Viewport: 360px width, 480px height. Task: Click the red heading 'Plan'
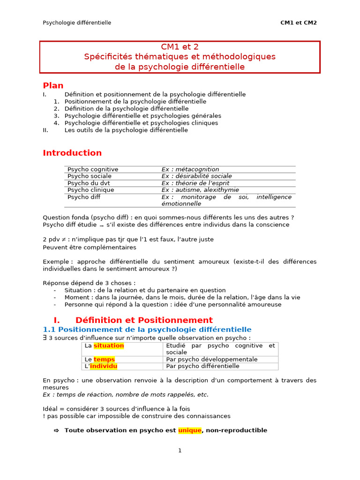coord(53,85)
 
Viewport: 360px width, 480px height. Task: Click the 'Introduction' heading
coord(72,153)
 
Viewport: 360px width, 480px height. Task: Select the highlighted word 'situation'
coord(109,345)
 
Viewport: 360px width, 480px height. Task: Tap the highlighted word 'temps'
coord(104,359)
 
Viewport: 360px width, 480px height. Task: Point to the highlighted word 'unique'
coord(189,430)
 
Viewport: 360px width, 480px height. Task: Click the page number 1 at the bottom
coord(180,450)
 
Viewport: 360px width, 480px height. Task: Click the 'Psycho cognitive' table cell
coord(93,169)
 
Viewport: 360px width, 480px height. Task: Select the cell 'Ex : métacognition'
coord(190,169)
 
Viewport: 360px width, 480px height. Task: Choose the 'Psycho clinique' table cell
coord(90,190)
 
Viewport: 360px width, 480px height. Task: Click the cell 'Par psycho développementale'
coord(212,359)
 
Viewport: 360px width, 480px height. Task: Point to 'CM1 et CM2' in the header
coord(299,22)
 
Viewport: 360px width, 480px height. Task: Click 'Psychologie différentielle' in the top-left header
coord(77,22)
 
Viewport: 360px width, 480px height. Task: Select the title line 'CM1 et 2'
coord(180,46)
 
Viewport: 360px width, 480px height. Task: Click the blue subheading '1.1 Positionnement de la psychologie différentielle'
coord(147,330)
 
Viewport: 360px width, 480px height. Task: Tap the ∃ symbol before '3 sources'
coord(45,337)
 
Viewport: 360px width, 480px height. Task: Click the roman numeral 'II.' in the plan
coord(45,130)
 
